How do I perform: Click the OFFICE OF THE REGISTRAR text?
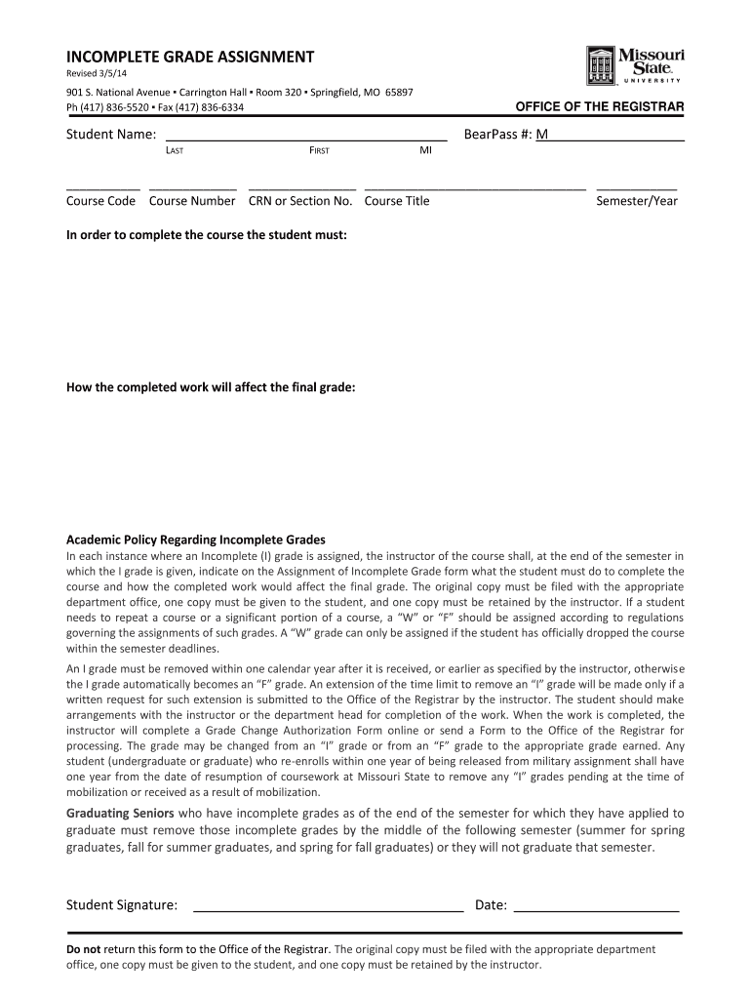click(x=599, y=106)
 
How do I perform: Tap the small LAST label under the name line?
click(x=175, y=151)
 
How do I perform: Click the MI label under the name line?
click(x=425, y=151)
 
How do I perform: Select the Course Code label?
click(x=100, y=201)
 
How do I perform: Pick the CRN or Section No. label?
click(x=300, y=201)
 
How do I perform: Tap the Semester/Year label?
click(x=636, y=201)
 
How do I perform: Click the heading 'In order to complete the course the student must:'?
click(x=206, y=235)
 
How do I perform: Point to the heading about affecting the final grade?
click(x=210, y=387)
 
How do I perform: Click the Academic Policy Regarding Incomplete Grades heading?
click(x=195, y=539)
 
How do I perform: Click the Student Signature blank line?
click(x=329, y=906)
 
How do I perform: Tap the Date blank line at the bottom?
click(x=596, y=906)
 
